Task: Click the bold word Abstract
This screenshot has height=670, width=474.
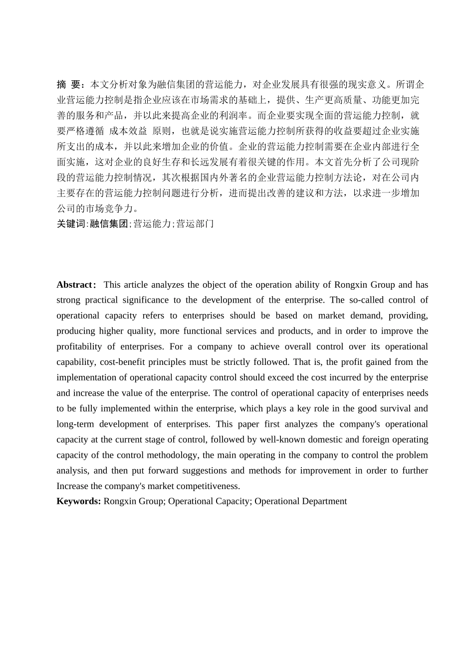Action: pyautogui.click(x=74, y=285)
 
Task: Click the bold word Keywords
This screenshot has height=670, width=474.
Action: pyautogui.click(x=79, y=501)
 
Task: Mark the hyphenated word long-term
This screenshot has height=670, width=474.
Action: pyautogui.click(x=74, y=424)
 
